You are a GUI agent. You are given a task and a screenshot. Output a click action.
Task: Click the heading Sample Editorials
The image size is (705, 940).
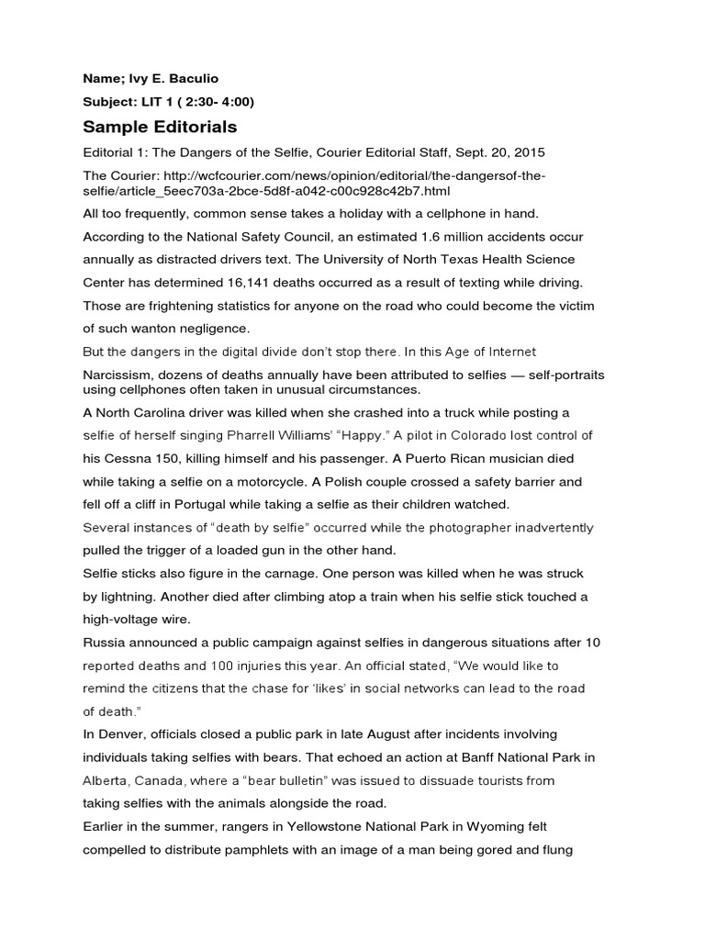pyautogui.click(x=160, y=127)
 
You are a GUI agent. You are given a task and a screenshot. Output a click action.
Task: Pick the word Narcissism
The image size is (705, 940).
pyautogui.click(x=117, y=375)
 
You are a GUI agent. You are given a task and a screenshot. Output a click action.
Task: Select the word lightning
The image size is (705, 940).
pyautogui.click(x=119, y=596)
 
